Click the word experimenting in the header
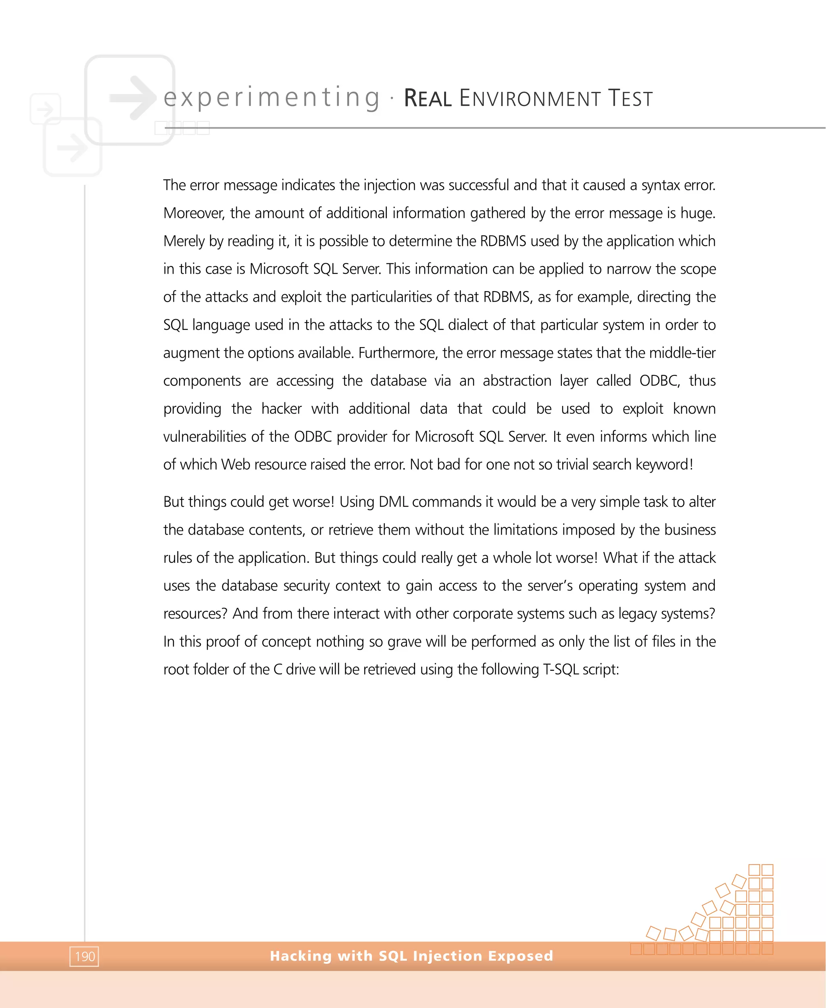272,98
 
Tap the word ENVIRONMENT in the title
530,98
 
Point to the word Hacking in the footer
301,955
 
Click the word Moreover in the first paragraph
194,213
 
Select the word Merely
184,241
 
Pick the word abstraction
517,381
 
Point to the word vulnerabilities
204,437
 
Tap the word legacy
638,614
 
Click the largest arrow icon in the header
133,98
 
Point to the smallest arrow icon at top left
45,109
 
